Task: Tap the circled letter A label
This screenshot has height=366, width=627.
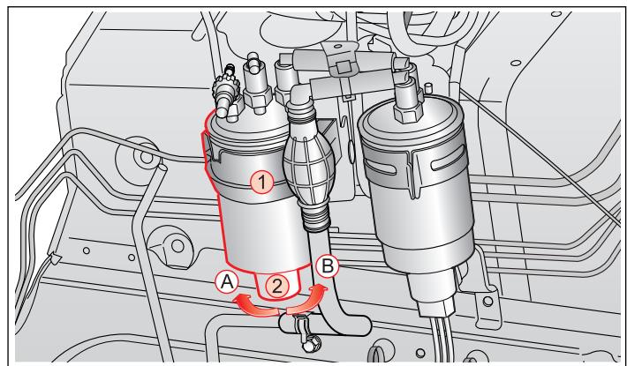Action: tap(226, 282)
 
